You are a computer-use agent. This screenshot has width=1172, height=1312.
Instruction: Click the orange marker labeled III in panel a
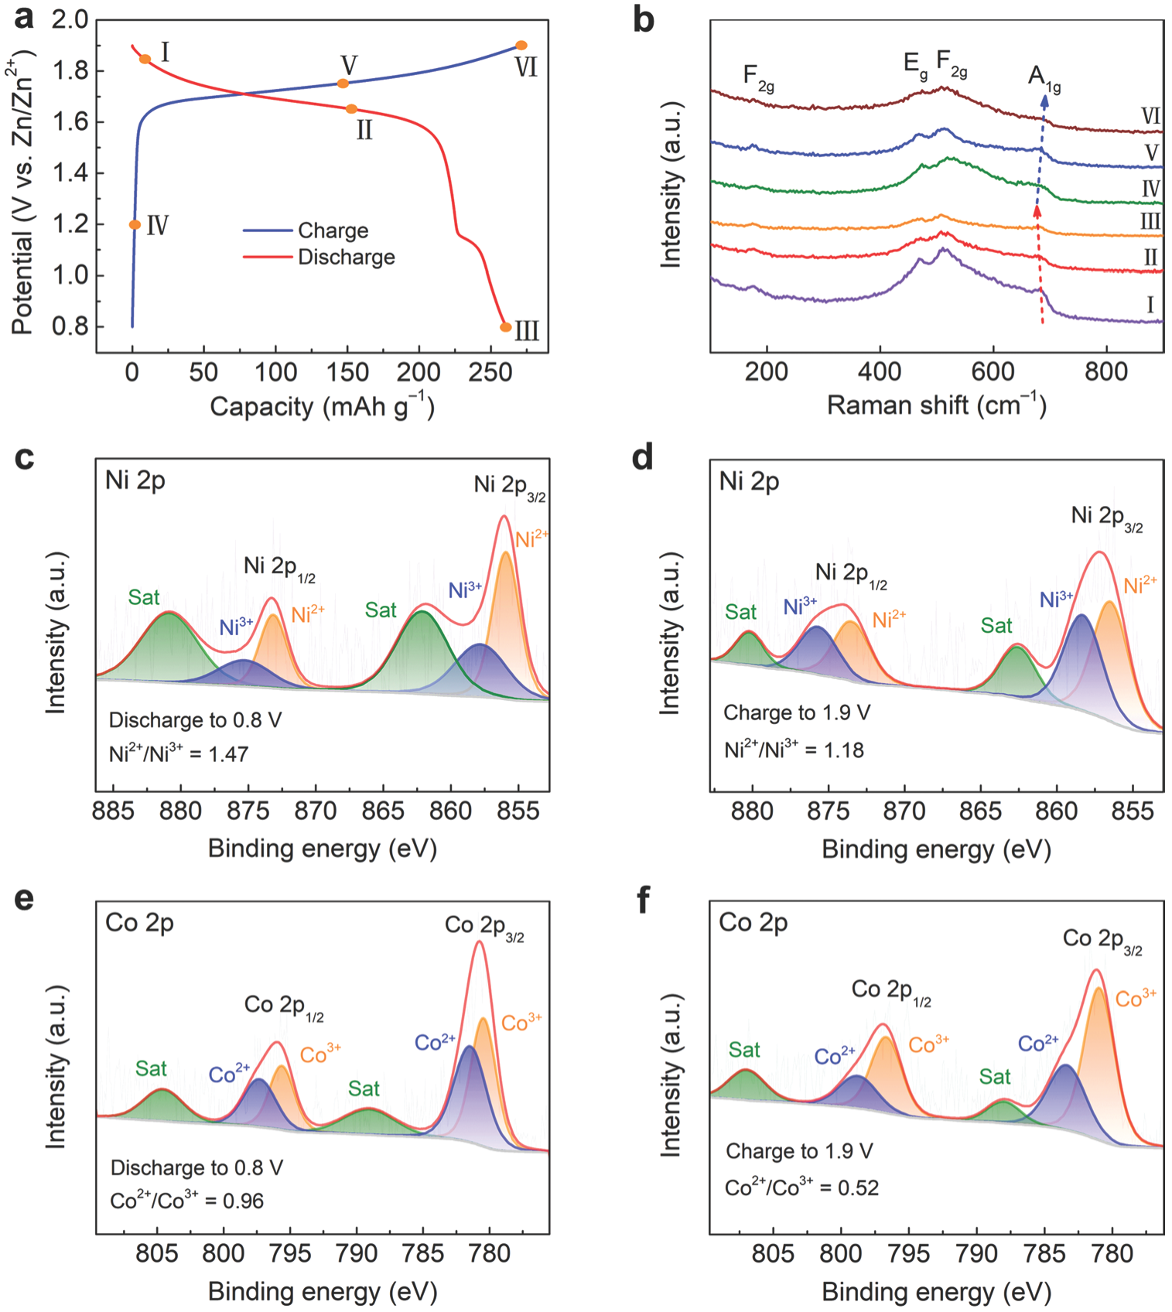[505, 327]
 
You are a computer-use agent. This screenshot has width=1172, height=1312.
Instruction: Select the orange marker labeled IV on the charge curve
[135, 225]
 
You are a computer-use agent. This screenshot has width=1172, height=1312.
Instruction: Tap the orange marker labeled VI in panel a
[521, 46]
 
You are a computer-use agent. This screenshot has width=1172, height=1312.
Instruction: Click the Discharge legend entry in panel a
[346, 257]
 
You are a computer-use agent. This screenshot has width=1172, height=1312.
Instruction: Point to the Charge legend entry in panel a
[333, 231]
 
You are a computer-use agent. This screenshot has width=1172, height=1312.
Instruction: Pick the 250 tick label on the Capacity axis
[492, 373]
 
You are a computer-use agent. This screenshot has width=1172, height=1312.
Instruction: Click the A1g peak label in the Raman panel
[1044, 77]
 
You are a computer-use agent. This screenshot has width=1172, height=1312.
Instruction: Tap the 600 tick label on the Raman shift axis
[993, 373]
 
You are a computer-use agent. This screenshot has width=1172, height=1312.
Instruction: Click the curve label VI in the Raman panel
[1150, 117]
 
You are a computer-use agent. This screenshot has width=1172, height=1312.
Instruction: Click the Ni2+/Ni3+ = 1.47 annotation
[179, 753]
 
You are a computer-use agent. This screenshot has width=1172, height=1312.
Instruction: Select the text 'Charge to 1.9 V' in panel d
[797, 712]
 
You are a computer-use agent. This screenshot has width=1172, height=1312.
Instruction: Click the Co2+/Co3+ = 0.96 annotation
[186, 1201]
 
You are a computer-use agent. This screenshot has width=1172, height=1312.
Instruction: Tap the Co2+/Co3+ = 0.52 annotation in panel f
[801, 1187]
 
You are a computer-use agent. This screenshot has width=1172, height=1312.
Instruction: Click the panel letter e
[25, 900]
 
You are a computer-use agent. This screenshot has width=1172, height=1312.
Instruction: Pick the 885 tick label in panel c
[113, 812]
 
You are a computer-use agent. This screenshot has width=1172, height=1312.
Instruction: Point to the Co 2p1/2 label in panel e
[283, 1006]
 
